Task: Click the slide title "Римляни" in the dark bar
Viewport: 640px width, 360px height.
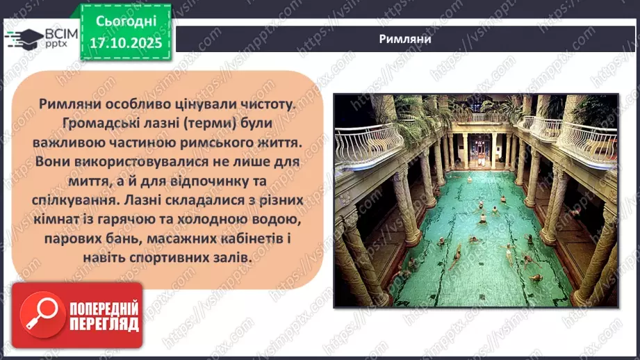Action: point(407,38)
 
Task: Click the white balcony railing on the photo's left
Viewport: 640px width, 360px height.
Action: point(368,143)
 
